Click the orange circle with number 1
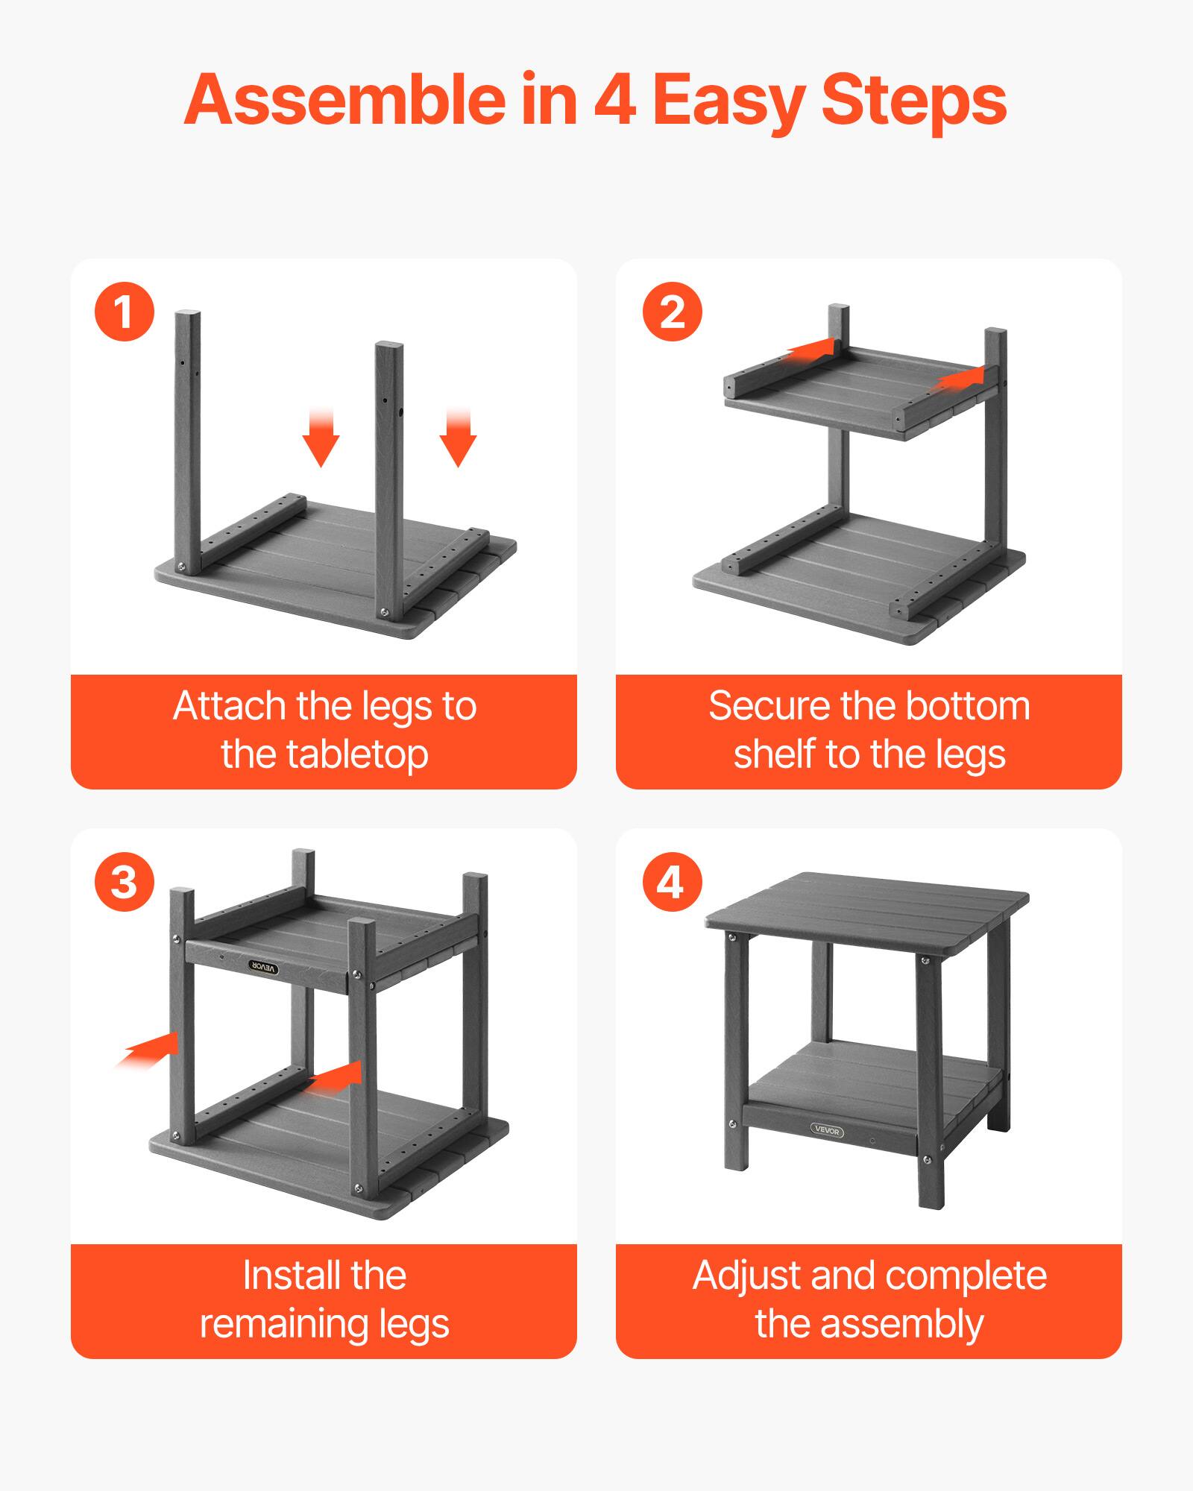click(125, 312)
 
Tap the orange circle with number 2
click(672, 312)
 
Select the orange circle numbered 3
click(125, 882)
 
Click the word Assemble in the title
click(343, 100)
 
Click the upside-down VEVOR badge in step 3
click(263, 967)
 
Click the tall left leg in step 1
click(188, 440)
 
